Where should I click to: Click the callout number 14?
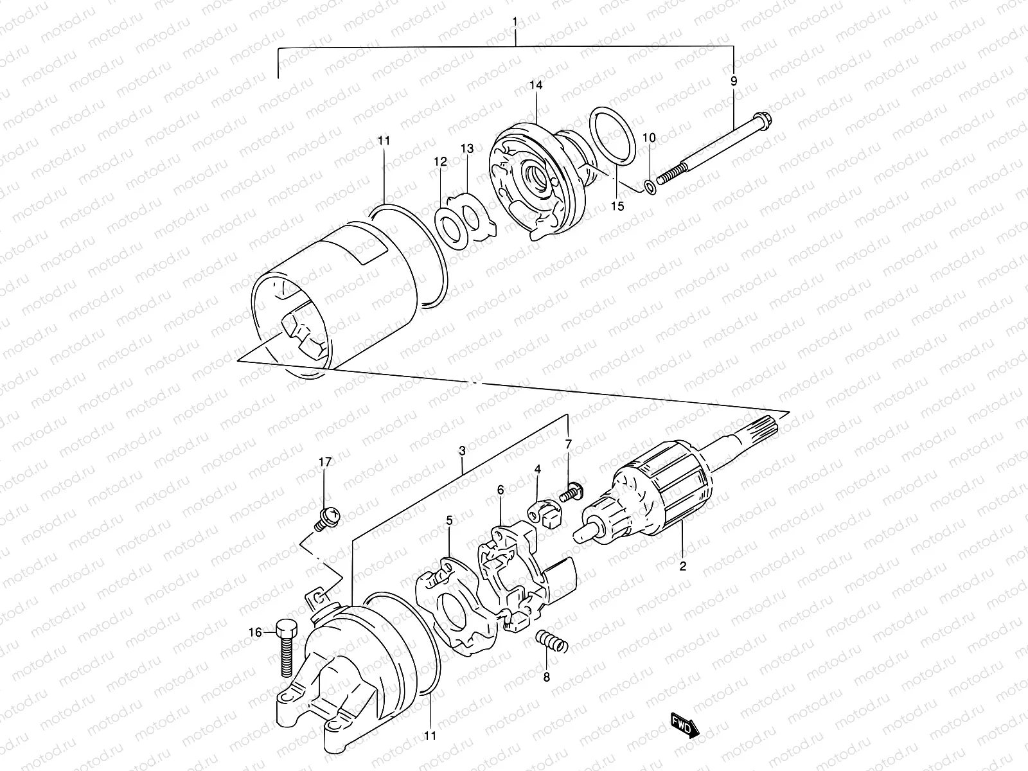(536, 85)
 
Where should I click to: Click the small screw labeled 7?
(569, 493)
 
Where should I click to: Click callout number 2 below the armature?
(683, 566)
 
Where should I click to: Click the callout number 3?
(462, 452)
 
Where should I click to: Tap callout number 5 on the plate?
(450, 520)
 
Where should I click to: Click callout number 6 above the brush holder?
(501, 490)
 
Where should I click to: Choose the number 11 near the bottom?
(430, 736)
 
